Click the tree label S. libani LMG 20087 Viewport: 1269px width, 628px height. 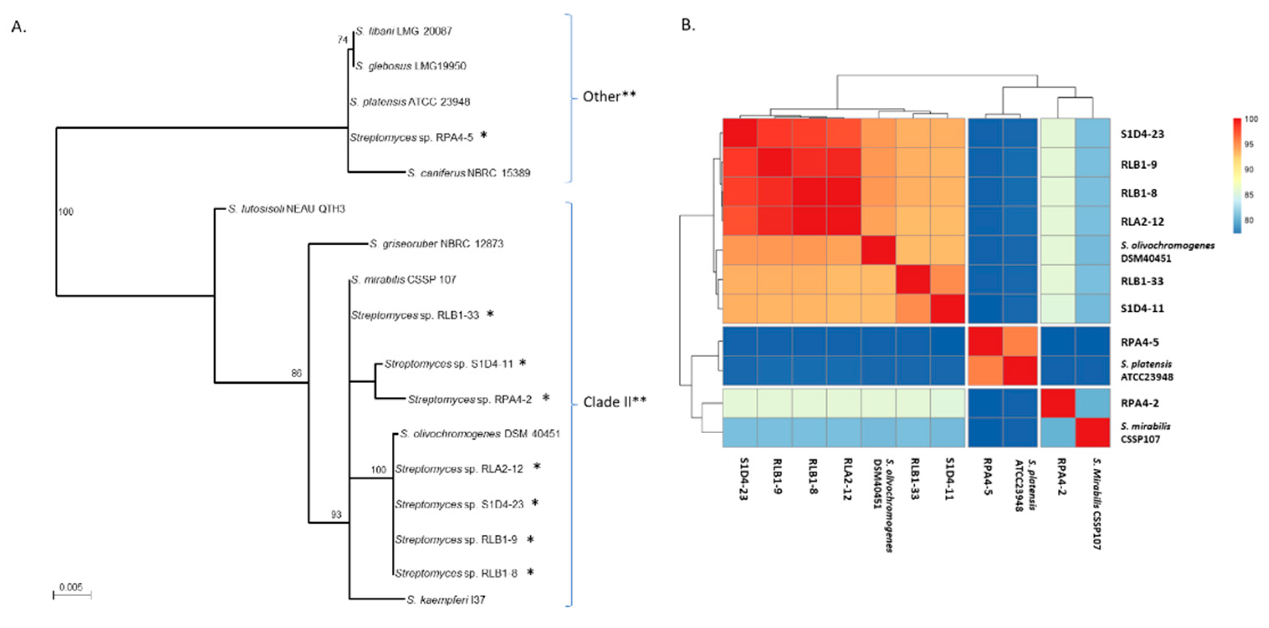coord(404,31)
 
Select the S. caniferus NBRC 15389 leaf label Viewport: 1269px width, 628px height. coord(468,173)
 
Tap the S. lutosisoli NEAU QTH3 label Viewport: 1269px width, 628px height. coord(286,209)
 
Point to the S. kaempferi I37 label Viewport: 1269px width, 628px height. coord(446,600)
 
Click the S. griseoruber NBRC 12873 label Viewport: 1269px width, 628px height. coord(437,244)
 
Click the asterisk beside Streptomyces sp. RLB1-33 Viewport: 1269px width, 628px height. coord(490,313)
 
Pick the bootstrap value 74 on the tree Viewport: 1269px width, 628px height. coord(343,40)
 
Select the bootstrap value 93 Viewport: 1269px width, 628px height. coord(336,514)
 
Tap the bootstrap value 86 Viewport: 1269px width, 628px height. coord(296,373)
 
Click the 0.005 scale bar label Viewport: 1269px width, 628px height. coord(71,587)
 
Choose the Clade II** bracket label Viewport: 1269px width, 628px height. coord(614,402)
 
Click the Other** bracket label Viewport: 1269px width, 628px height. coord(609,97)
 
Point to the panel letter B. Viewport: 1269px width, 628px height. coord(688,25)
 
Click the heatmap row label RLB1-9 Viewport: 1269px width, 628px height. coord(1139,164)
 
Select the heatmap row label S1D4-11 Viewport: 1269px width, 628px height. coord(1142,309)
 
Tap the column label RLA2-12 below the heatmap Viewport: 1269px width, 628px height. coord(847,479)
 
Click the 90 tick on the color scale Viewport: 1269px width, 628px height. coord(1249,169)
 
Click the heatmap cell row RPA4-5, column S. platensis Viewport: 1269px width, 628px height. coord(1020,341)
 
